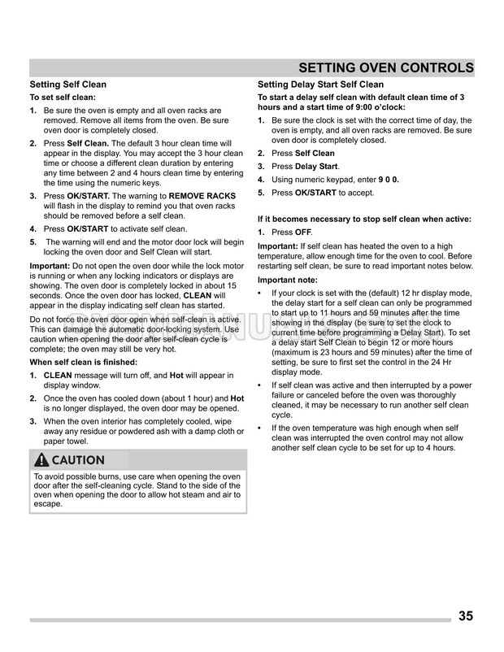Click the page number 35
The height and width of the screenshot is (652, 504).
coord(466,615)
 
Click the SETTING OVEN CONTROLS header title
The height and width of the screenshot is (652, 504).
coord(386,67)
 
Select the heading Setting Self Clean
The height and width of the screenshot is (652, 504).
coord(67,85)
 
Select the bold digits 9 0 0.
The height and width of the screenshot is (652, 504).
coord(387,179)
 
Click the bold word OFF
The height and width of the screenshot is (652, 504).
coord(303,233)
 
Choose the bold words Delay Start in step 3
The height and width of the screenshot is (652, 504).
coord(316,166)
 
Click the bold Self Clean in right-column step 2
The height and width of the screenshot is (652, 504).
coord(315,153)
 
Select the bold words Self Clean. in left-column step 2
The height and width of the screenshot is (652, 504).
coord(88,143)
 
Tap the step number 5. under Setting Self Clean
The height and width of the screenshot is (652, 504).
coord(33,242)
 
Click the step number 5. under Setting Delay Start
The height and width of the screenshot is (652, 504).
coord(262,193)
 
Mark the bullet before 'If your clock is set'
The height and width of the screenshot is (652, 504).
coord(260,292)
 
